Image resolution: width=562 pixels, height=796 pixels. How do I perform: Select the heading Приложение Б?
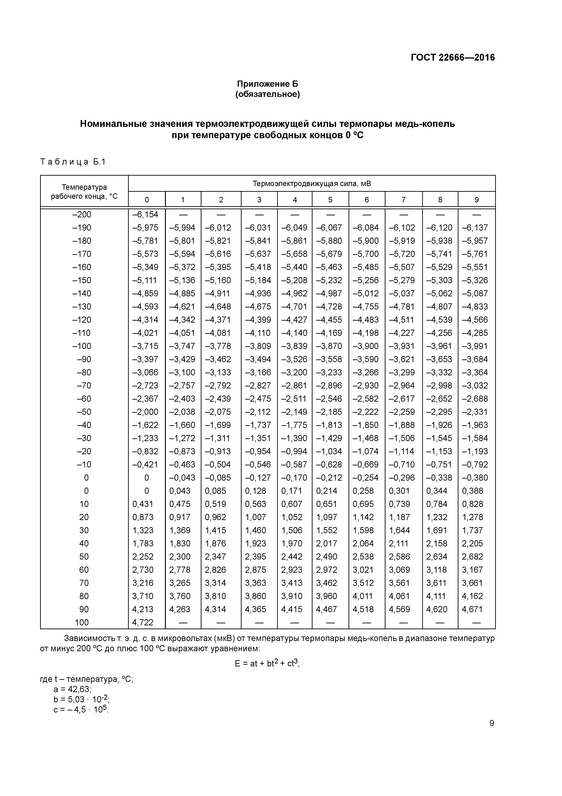tap(267, 84)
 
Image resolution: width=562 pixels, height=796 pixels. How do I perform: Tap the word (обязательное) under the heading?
tap(267, 94)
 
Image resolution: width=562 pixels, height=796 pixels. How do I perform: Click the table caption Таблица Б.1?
tap(73, 162)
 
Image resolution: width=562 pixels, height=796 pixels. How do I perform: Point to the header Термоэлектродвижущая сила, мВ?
tap(312, 183)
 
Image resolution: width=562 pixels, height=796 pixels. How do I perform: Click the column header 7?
tap(403, 200)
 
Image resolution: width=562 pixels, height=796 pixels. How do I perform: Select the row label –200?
tap(82, 215)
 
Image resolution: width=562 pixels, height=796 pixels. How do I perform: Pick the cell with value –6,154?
tap(145, 215)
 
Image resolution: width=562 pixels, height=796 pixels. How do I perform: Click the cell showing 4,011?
tap(363, 596)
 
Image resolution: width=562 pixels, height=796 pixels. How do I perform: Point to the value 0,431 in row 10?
tap(143, 504)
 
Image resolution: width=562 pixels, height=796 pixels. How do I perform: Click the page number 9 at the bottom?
tap(492, 723)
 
